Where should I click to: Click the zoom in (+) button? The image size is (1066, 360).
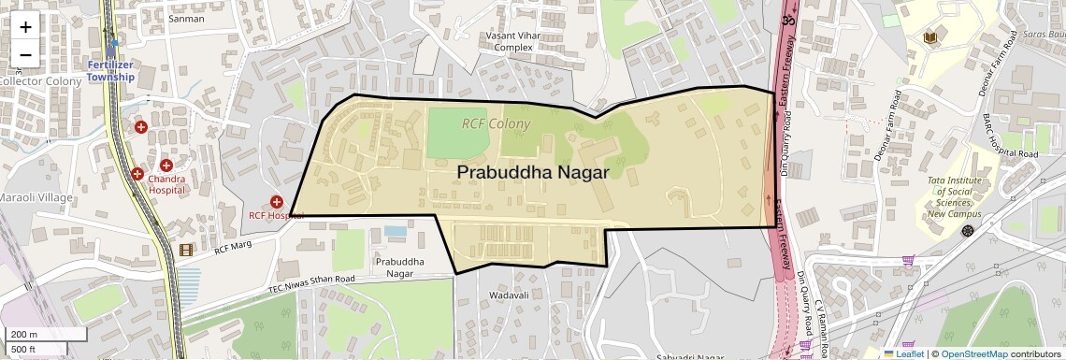25,27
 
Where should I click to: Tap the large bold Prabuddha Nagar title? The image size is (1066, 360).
533,172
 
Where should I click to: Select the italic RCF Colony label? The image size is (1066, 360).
496,123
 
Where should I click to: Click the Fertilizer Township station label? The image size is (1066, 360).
111,70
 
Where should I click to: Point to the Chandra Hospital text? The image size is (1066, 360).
166,183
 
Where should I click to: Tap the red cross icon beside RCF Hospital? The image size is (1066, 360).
277,201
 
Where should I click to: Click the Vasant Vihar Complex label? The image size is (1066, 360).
512,41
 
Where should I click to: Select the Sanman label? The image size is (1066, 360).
185,18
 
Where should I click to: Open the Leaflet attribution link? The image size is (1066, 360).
903,353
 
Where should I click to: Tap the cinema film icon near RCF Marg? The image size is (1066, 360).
186,250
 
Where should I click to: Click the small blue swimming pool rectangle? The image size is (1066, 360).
396,230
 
